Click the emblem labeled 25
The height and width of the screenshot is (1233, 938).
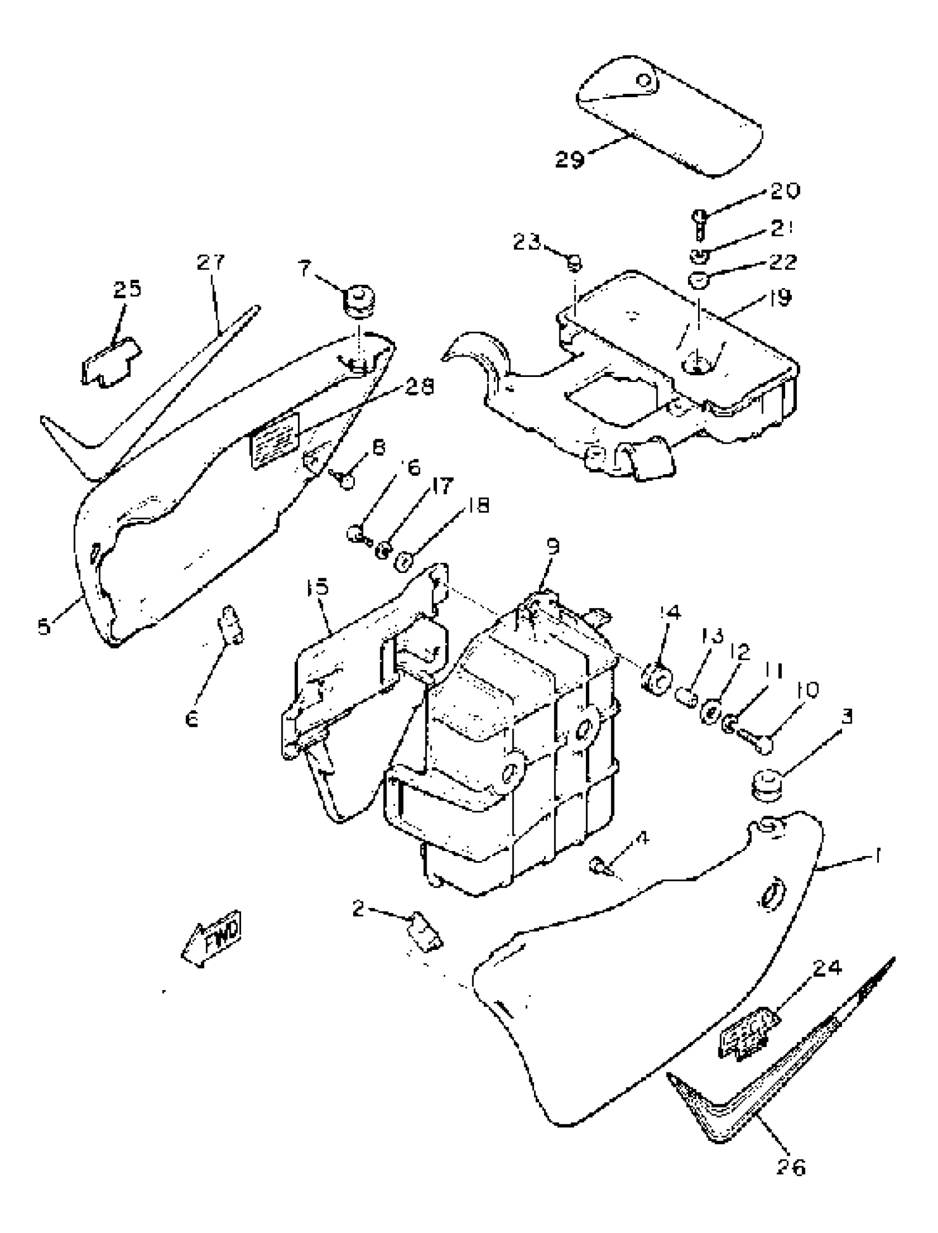point(111,363)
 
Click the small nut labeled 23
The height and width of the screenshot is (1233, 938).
point(574,262)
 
